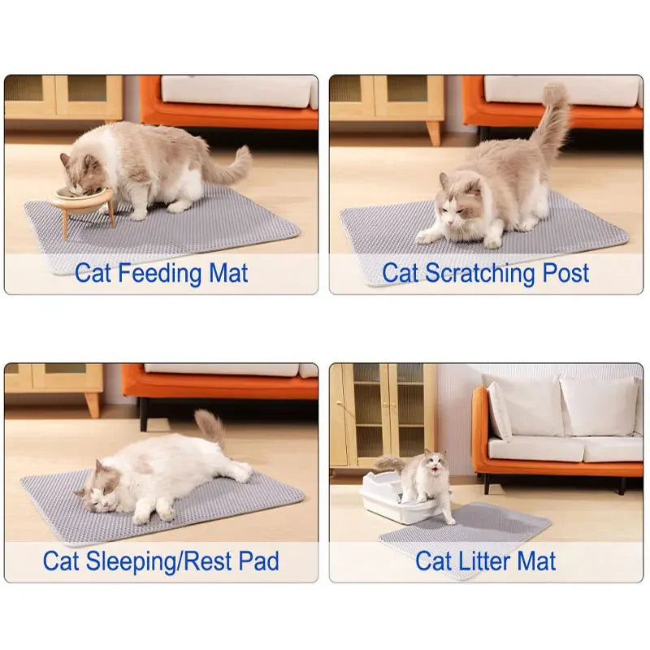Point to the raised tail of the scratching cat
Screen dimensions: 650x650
(552, 122)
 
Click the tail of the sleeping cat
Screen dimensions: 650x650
(211, 427)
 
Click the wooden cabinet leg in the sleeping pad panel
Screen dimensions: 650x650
(93, 404)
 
